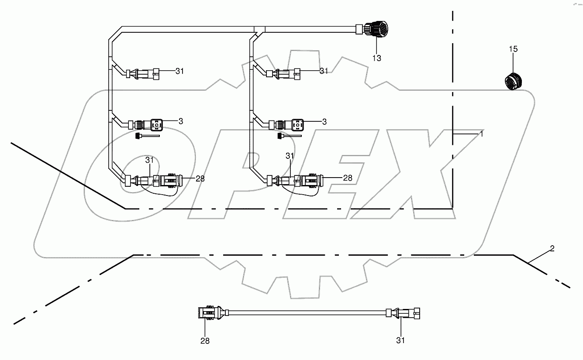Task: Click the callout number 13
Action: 376,58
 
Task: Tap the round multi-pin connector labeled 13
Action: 376,30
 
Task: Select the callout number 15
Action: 513,49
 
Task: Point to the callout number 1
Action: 481,134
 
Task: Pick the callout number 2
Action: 552,249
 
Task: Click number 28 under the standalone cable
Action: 205,341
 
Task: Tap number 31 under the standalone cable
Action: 400,340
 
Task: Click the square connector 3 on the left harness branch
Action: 156,125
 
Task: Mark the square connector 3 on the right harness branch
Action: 298,125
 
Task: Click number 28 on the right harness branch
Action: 348,178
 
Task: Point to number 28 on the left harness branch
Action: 200,178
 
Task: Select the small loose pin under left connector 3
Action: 146,136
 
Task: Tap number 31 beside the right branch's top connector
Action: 324,71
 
